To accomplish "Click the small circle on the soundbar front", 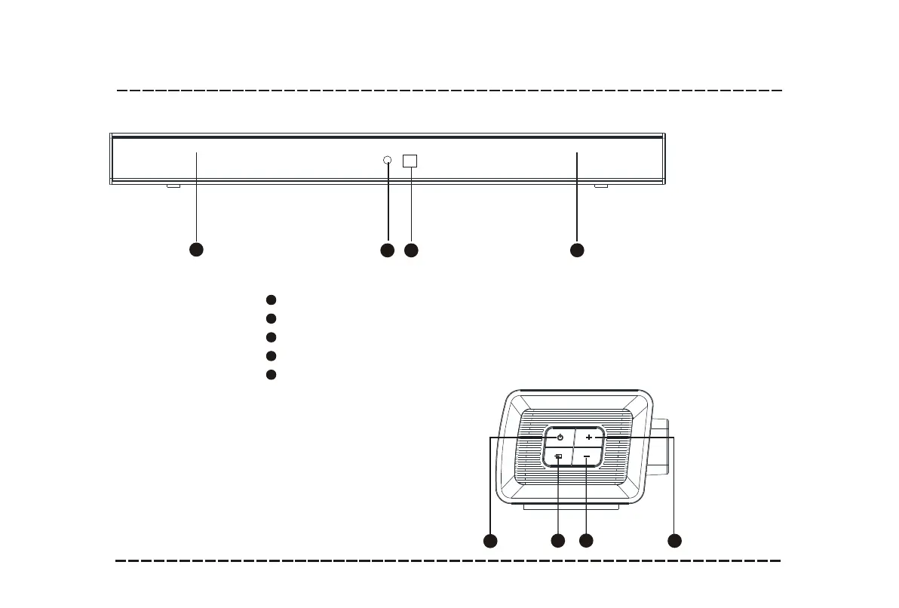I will click(388, 160).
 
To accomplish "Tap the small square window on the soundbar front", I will click(410, 161).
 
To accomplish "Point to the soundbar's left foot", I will click(173, 186).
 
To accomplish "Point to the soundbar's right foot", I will click(601, 186).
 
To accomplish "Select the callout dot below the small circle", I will click(387, 249).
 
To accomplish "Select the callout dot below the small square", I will click(411, 249).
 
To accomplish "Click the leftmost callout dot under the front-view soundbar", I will click(196, 249).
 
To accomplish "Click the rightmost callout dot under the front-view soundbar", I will click(577, 249).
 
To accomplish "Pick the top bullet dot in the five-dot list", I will click(271, 300).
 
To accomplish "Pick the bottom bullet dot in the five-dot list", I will click(271, 374).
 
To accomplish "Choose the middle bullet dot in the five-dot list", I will click(271, 337).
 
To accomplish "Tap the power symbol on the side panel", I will click(560, 438).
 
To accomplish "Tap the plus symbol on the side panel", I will click(588, 438).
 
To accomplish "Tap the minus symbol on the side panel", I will click(587, 456).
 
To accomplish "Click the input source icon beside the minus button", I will click(559, 456).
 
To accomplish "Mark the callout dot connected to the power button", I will click(490, 540).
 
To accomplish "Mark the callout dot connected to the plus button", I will click(675, 540).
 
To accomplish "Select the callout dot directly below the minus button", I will click(586, 540).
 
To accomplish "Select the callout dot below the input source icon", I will click(557, 540).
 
